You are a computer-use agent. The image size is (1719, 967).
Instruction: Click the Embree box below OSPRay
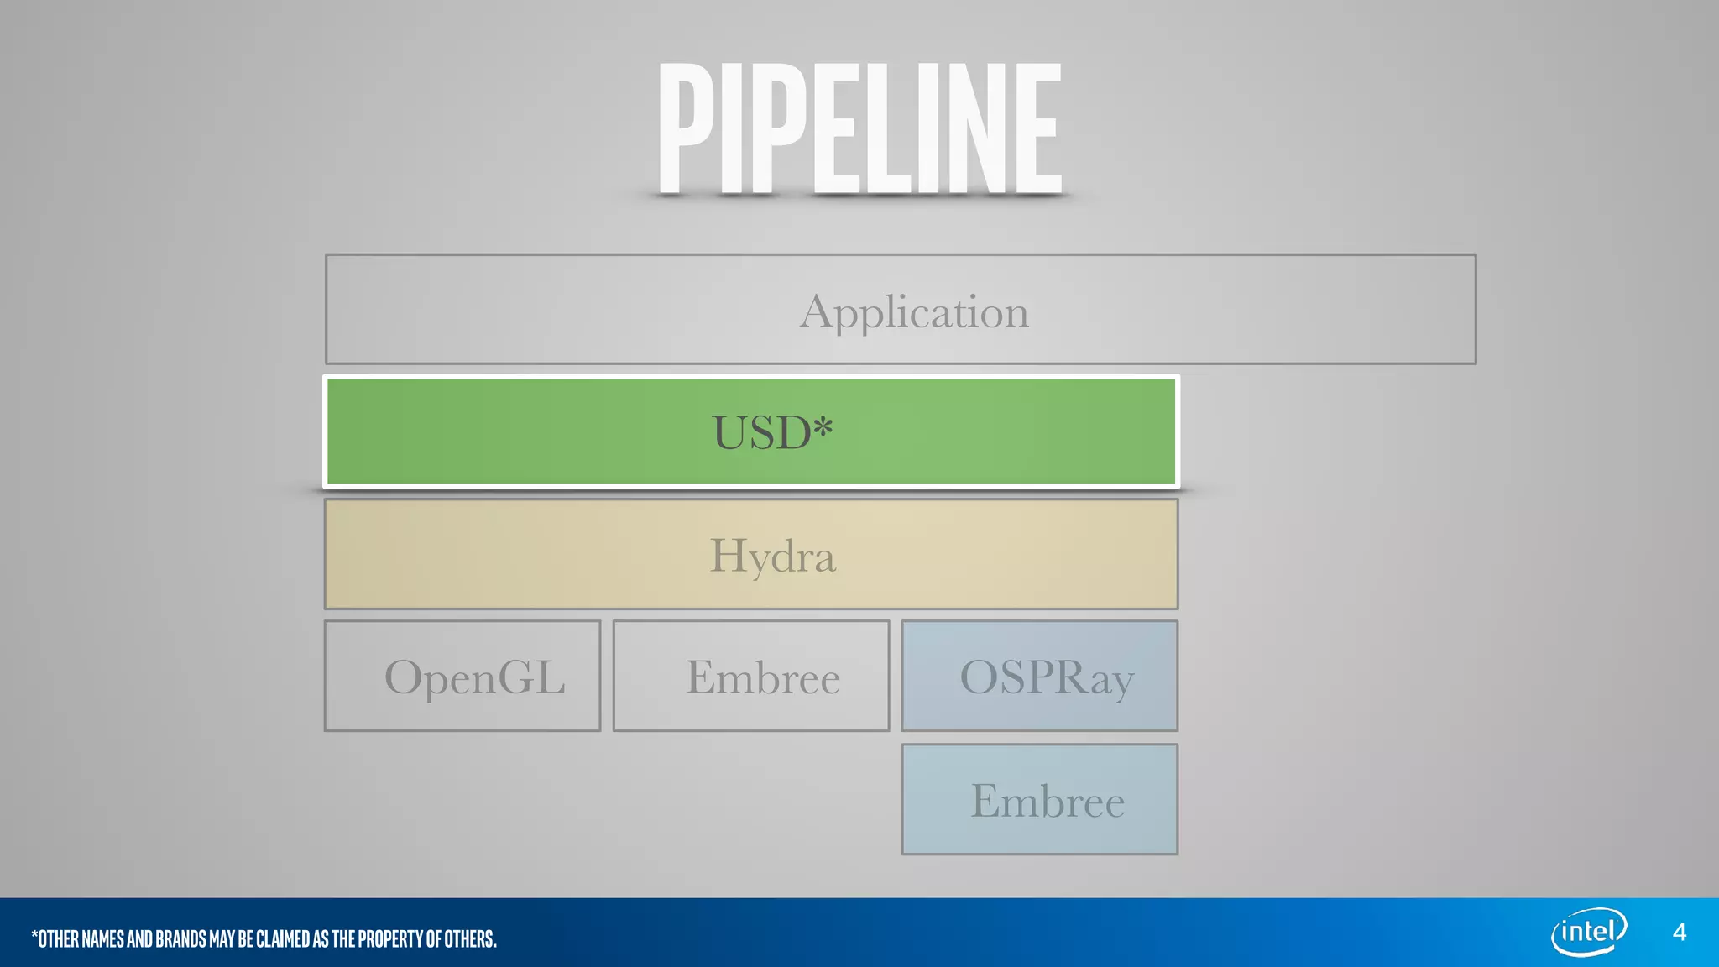tap(1039, 799)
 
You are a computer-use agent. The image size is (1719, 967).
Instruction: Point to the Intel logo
tap(1589, 932)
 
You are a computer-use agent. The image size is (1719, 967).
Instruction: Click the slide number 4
tap(1679, 933)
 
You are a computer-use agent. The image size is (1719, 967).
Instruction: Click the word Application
tap(914, 312)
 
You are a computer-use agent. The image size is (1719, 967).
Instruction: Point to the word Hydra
tap(772, 556)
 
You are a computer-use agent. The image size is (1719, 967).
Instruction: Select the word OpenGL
tap(474, 677)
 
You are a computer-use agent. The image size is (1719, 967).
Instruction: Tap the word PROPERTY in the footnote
tap(391, 938)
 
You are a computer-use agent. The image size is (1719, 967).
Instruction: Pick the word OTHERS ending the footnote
tap(469, 938)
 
